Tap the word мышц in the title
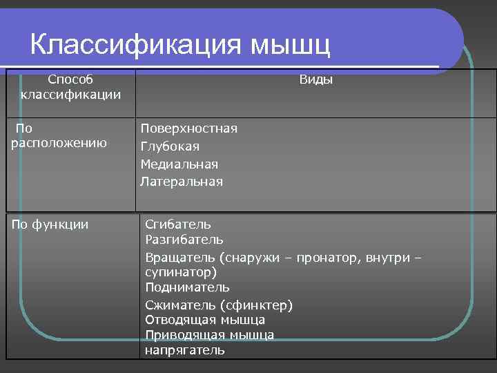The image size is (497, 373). pyautogui.click(x=290, y=46)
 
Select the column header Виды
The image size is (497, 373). pyautogui.click(x=315, y=80)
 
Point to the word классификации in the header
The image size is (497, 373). pyautogui.click(x=70, y=94)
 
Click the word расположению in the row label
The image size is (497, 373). pyautogui.click(x=59, y=143)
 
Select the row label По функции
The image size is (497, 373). pyautogui.click(x=50, y=224)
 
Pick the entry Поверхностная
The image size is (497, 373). pyautogui.click(x=188, y=128)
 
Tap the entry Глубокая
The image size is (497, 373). pyautogui.click(x=170, y=146)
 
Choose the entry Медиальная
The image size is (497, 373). pyautogui.click(x=179, y=164)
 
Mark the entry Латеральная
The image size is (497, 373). pyautogui.click(x=182, y=182)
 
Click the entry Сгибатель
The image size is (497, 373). pyautogui.click(x=178, y=224)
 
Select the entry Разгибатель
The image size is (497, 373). pyautogui.click(x=184, y=239)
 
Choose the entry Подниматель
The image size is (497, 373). pyautogui.click(x=187, y=287)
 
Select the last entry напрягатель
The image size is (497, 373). pyautogui.click(x=184, y=350)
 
